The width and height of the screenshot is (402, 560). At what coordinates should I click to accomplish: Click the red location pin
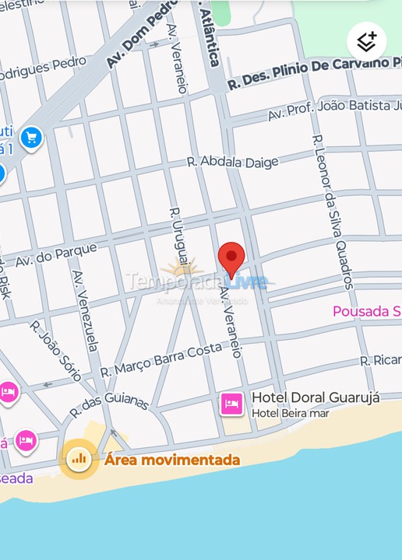coord(231,259)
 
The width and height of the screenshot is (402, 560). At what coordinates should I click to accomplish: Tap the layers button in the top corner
coord(366,40)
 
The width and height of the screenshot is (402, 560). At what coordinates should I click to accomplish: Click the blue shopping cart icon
coord(31,138)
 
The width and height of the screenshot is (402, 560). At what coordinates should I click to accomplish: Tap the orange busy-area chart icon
coord(79,458)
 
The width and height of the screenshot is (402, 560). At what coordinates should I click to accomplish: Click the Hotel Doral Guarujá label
coord(316,397)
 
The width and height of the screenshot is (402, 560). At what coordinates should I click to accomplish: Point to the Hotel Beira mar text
coord(290,413)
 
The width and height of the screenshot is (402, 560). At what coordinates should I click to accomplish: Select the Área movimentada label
coord(172,460)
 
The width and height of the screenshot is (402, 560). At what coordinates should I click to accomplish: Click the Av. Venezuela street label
coord(86,311)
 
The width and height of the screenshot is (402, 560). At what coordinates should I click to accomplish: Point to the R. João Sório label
coord(55,350)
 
